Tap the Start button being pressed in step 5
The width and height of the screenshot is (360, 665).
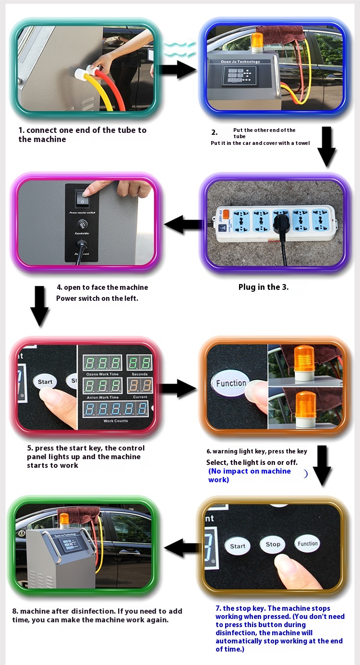coord(45,382)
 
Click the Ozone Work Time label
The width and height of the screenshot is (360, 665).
coord(102,374)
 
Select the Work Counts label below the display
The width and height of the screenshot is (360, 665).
coord(115,421)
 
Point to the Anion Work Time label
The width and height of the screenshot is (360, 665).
coord(103,397)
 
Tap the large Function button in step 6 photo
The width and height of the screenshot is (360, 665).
coord(231,383)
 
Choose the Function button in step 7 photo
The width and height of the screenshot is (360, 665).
coord(307,544)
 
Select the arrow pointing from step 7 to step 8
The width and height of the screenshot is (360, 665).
coord(182,547)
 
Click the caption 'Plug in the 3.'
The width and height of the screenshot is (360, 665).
coord(264,287)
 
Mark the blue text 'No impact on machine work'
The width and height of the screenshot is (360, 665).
coord(250,475)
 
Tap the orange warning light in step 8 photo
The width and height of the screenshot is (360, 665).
coord(64,519)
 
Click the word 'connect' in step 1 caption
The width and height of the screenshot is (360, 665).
coord(44,130)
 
